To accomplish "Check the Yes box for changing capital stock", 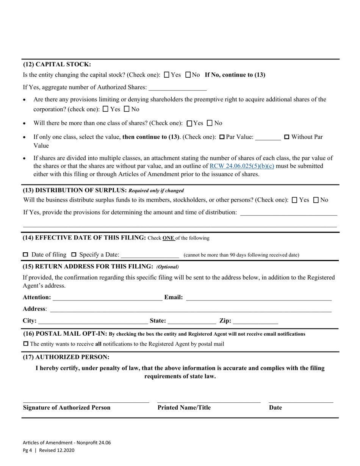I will coord(167,75).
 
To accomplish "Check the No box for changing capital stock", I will coord(188,75).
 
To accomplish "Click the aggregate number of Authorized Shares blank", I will coord(177,88).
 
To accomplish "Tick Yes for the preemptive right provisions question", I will coord(105,109).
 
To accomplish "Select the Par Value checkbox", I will coord(222,137).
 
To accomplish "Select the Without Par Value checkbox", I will coord(286,137).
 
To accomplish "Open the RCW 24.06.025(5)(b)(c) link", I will coord(242,166).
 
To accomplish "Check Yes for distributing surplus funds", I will coord(295,200).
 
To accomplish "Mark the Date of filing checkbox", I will coord(26,255).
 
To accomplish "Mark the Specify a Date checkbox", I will coord(74,255).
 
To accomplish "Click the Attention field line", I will coord(108,298).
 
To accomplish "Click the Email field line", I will coord(258,298).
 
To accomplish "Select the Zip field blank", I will coord(255,321).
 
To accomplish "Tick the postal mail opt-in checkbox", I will coord(26,344).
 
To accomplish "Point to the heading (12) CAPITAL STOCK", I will coord(57,64).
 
